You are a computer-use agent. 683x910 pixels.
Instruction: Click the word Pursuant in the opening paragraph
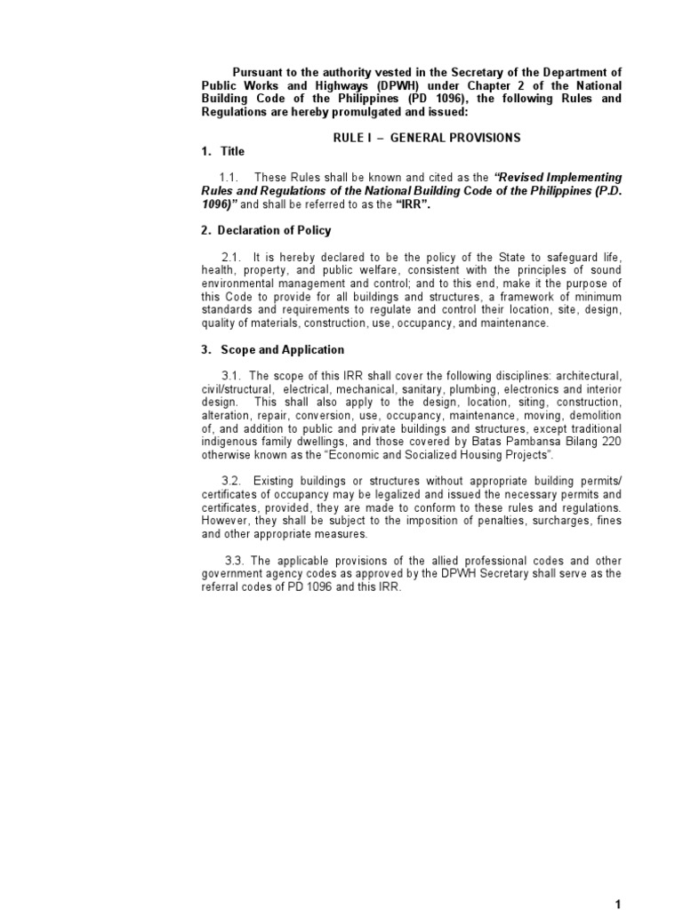(x=259, y=72)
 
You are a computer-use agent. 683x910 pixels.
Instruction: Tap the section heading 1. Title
(x=222, y=152)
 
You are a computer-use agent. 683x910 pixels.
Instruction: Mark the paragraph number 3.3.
(x=236, y=560)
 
